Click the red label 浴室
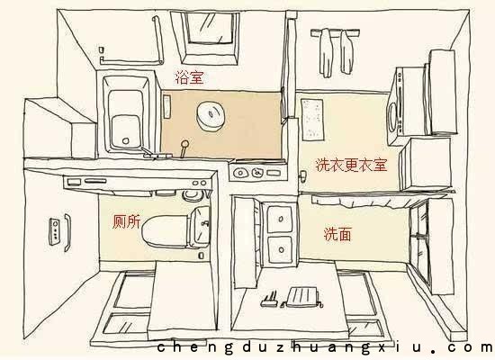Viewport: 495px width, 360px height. pos(189,77)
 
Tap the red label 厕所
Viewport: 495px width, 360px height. pos(127,221)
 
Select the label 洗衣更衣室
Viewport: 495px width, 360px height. pos(351,165)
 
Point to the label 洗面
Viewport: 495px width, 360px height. pos(337,234)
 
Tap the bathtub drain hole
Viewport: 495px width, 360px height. pos(126,140)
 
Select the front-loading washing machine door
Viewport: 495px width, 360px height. pos(392,117)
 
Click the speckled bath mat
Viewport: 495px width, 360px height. pos(312,120)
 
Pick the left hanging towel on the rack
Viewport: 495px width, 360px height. pos(326,53)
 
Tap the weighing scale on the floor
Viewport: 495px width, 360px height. pos(301,297)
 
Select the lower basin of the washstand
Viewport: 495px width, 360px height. pos(280,250)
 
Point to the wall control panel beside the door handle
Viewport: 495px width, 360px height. pos(55,231)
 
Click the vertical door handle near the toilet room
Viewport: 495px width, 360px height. pos(67,232)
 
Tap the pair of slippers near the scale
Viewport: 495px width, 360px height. pos(269,300)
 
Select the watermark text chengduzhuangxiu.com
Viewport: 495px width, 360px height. pos(325,347)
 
